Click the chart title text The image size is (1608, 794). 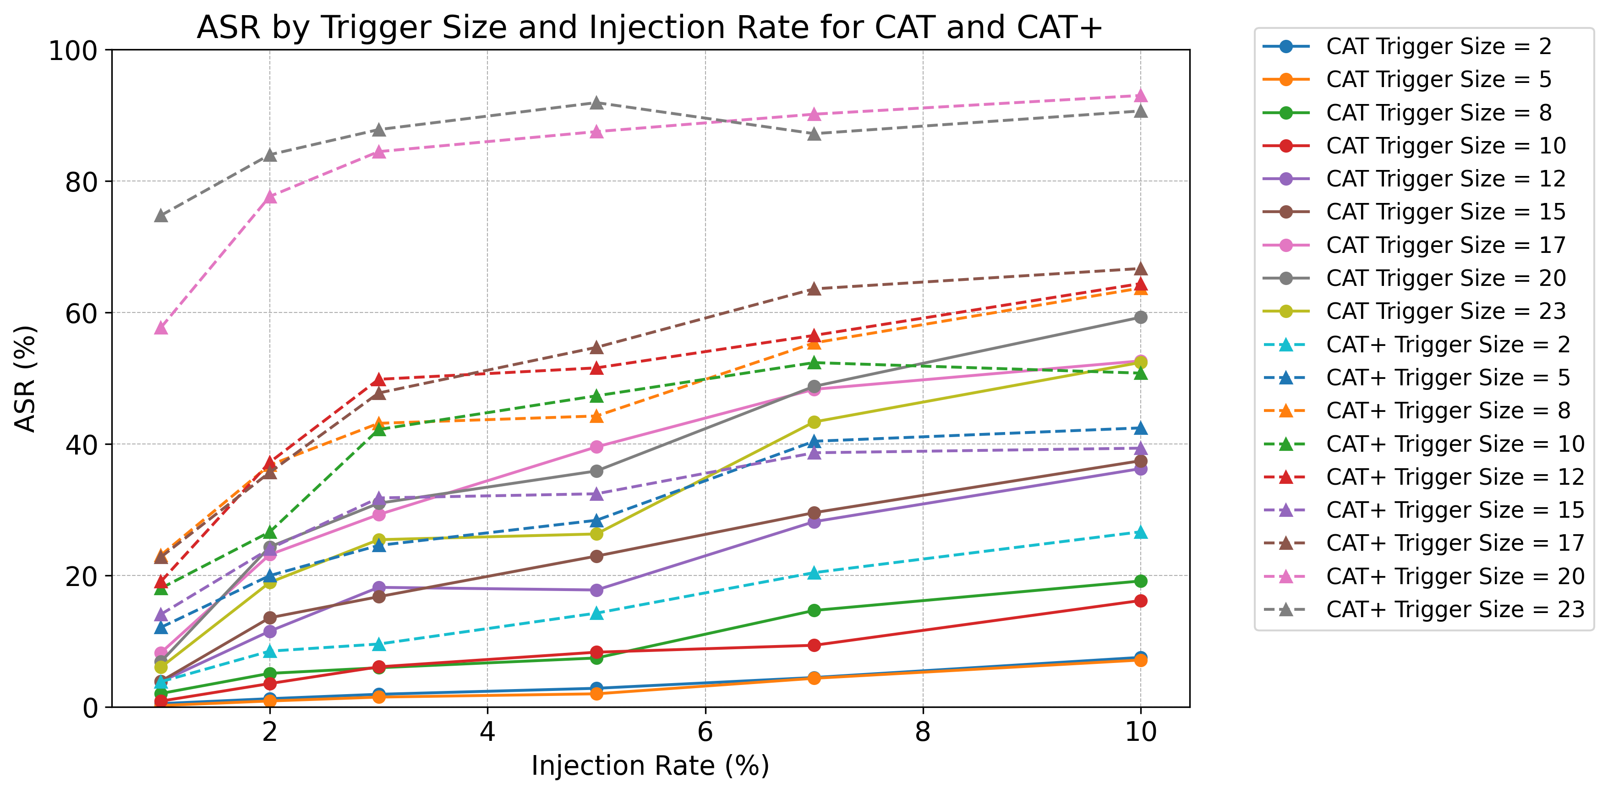[650, 27]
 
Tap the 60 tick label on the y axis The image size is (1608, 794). [81, 313]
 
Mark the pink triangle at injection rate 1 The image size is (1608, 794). [161, 328]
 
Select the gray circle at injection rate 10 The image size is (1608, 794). [1140, 317]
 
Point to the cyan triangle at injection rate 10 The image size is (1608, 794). [1140, 532]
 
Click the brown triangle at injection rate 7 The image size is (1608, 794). [814, 289]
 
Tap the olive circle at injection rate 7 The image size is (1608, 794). [814, 422]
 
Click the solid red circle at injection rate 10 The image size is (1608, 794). [1140, 601]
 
